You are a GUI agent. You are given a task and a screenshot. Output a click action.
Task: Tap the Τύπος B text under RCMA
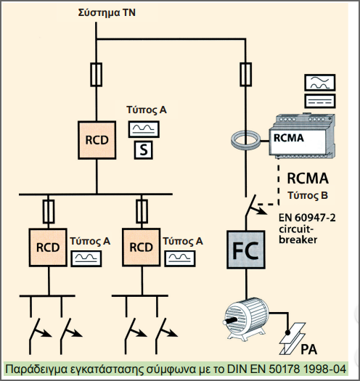[309, 195]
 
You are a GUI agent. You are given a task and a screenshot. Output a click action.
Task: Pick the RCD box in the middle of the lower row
[141, 247]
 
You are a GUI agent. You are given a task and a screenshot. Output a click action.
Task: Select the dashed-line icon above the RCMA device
[319, 99]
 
